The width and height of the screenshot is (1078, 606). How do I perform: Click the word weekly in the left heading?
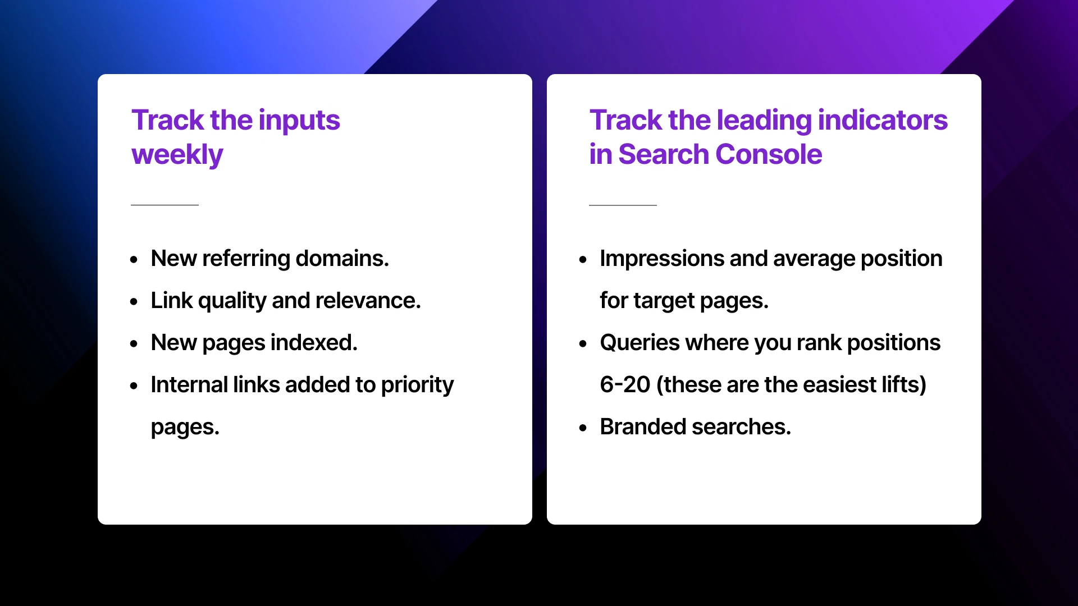click(177, 154)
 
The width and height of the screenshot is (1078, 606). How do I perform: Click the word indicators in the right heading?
click(883, 121)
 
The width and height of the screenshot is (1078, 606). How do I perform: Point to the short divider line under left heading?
click(165, 205)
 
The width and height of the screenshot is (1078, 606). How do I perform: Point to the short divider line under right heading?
click(623, 205)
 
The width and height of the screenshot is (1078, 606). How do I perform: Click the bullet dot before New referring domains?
click(134, 259)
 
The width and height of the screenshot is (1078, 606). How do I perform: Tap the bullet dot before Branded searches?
click(583, 428)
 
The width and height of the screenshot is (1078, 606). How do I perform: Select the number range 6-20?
click(624, 385)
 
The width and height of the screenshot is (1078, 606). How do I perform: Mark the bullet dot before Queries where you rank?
click(583, 343)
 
